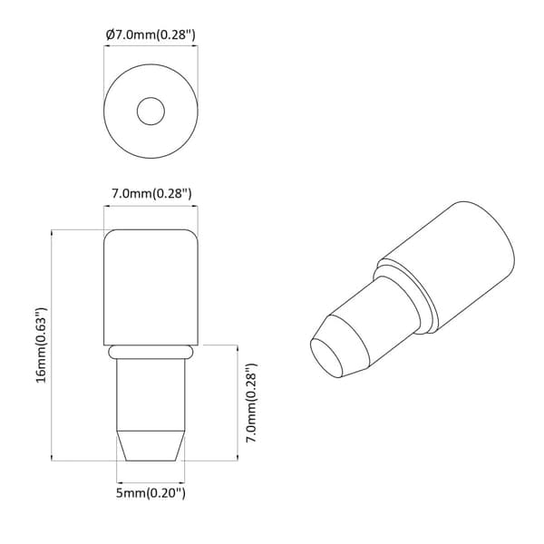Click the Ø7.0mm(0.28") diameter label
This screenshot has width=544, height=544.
(151, 35)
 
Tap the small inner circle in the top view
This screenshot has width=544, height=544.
(151, 111)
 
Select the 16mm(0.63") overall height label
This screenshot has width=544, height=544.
(41, 345)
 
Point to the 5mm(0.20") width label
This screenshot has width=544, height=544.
(151, 493)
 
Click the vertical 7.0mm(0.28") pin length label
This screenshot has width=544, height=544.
(251, 403)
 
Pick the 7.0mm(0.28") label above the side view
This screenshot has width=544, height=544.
(151, 193)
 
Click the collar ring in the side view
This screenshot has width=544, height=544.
(151, 352)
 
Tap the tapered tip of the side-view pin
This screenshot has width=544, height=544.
(151, 446)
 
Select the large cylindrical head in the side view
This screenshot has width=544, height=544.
(151, 287)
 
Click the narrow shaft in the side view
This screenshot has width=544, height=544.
(151, 394)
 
